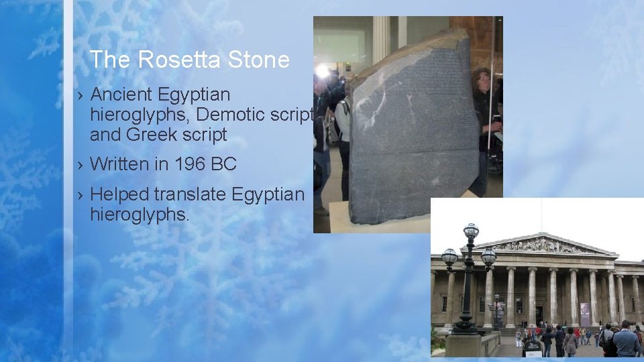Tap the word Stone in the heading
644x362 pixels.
tap(258, 60)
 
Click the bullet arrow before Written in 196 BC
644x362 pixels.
tap(79, 164)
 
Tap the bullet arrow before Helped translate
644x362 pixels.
tap(79, 196)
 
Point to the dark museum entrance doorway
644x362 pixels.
tap(539, 314)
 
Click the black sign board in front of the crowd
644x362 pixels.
tap(533, 347)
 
